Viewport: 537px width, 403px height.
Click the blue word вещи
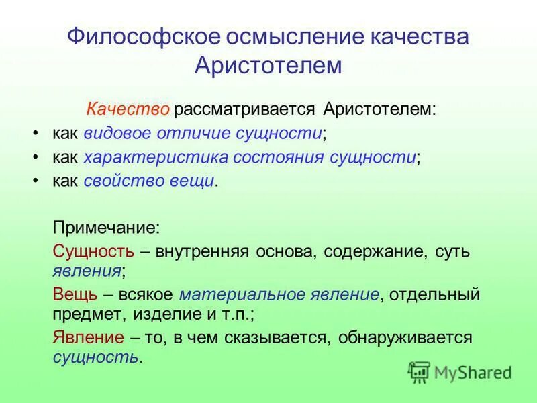194,181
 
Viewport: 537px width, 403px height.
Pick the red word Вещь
75,294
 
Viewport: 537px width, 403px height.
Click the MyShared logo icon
419,371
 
